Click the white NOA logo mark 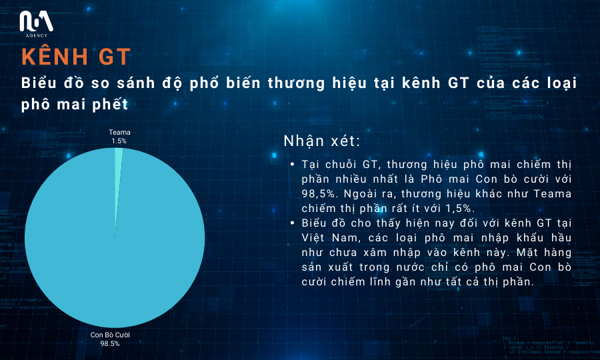(37, 21)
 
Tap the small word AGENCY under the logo (37, 35)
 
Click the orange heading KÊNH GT (76, 57)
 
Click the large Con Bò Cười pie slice (115, 249)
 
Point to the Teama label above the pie (119, 133)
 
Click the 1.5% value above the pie (119, 141)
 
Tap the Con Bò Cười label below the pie (110, 335)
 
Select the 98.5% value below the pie (110, 343)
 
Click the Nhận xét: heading (322, 141)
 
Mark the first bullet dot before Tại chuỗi (293, 165)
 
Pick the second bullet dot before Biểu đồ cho (293, 223)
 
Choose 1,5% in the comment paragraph (460, 209)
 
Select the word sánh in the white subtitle (136, 83)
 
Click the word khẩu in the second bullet (530, 238)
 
